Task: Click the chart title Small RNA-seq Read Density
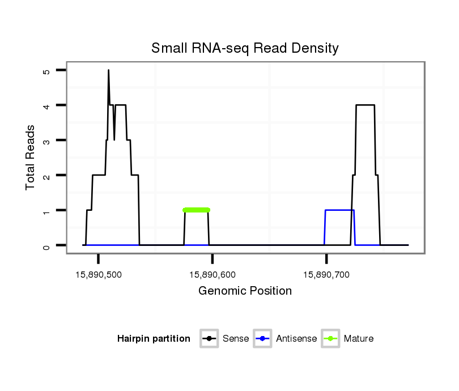[x=245, y=48]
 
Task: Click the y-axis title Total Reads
[x=32, y=158]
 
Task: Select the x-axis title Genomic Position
[x=245, y=291]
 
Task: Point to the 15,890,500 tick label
[x=98, y=275]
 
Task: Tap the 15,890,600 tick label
[x=212, y=275]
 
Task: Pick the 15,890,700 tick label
[x=326, y=275]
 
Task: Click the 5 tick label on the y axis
[x=46, y=71]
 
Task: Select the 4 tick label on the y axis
[x=46, y=105]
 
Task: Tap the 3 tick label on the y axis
[x=46, y=141]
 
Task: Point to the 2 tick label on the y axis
[x=46, y=176]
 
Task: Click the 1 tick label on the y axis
[x=46, y=211]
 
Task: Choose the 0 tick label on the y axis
[x=46, y=245]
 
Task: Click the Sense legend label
[x=236, y=339]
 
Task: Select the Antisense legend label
[x=296, y=339]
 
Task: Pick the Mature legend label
[x=359, y=339]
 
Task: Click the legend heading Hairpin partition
[x=154, y=339]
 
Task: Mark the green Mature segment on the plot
[x=197, y=210]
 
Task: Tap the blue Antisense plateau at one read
[x=339, y=210]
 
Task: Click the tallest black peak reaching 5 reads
[x=108, y=71]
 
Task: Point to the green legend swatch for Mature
[x=330, y=339]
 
